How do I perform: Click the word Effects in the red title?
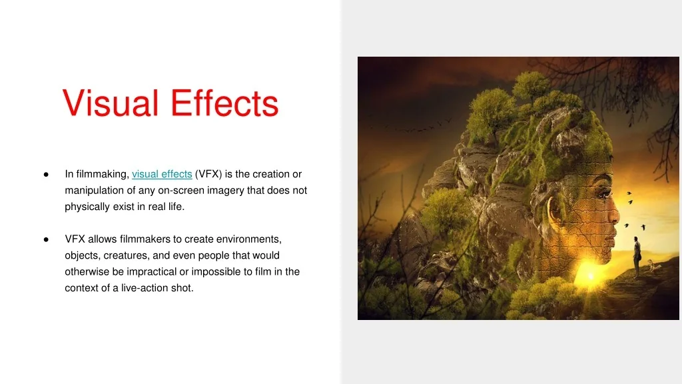click(x=224, y=103)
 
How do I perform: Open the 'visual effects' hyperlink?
click(x=162, y=174)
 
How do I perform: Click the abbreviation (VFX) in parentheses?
click(x=209, y=174)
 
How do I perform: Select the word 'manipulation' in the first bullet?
click(x=91, y=191)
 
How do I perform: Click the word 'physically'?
click(x=85, y=207)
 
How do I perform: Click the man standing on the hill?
click(x=637, y=256)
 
